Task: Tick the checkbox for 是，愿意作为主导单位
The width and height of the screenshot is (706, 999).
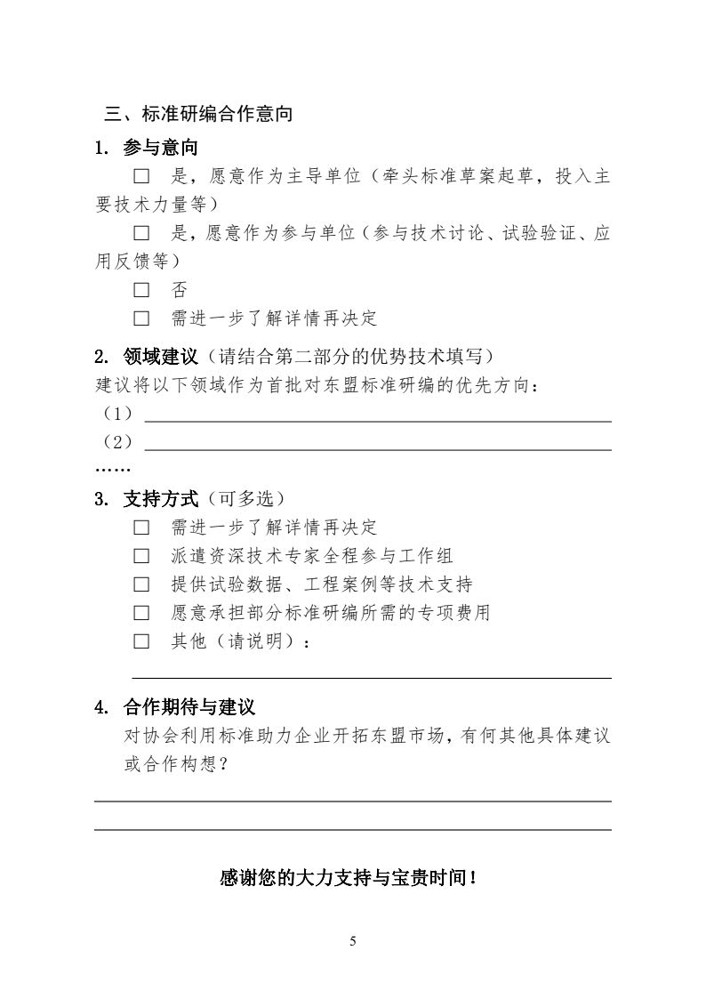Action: [141, 176]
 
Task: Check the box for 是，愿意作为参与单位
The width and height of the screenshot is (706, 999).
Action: [141, 233]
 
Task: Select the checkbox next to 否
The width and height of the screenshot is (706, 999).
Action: [141, 290]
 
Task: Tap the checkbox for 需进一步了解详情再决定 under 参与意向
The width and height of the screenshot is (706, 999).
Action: [141, 318]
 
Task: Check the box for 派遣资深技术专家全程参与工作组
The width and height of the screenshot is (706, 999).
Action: [141, 556]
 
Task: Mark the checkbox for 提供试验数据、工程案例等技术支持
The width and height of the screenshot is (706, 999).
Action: [141, 584]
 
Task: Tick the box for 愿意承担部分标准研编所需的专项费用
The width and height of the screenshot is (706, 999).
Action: [141, 613]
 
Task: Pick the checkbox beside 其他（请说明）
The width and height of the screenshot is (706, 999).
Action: [141, 641]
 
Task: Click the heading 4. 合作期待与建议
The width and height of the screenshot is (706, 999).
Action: [175, 708]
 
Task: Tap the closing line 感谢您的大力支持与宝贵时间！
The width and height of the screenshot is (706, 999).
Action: [352, 878]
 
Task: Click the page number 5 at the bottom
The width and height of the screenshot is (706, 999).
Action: [353, 941]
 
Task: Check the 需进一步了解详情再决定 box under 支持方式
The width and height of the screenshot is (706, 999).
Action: [141, 528]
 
